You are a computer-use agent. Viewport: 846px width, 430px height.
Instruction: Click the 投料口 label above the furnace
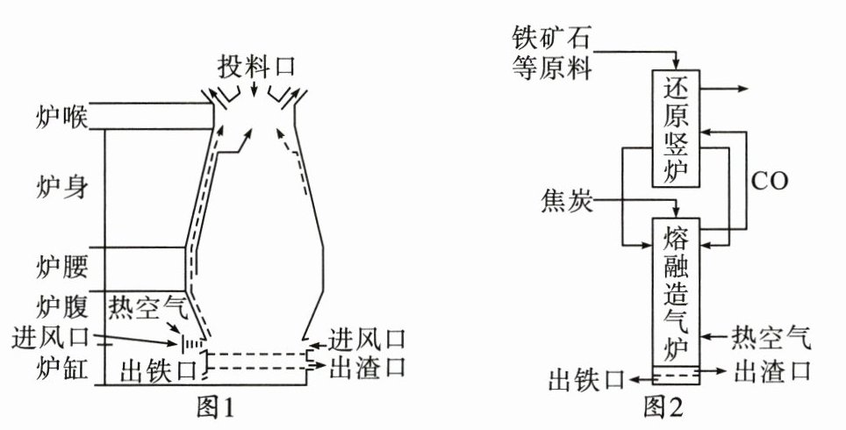257,67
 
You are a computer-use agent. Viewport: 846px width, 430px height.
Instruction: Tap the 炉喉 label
62,117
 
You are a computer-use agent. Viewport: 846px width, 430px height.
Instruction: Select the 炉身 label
62,186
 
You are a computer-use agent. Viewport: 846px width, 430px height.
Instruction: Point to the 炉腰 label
62,267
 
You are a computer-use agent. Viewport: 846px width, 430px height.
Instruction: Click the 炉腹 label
62,307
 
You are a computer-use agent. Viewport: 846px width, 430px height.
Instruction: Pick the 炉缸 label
62,368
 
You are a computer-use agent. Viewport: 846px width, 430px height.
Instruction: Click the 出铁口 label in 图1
159,370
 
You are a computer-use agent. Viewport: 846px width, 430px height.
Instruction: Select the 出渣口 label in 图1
368,367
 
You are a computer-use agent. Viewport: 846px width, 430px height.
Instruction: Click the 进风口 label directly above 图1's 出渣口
368,340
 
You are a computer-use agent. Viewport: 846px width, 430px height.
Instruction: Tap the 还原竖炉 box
676,128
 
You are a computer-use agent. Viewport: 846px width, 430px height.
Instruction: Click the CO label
770,182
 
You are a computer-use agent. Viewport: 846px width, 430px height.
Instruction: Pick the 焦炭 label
567,201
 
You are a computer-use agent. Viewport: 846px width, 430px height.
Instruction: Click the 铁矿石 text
551,39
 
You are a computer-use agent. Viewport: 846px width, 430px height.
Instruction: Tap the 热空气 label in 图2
771,338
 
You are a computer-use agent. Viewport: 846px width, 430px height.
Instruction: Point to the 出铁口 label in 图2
586,379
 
